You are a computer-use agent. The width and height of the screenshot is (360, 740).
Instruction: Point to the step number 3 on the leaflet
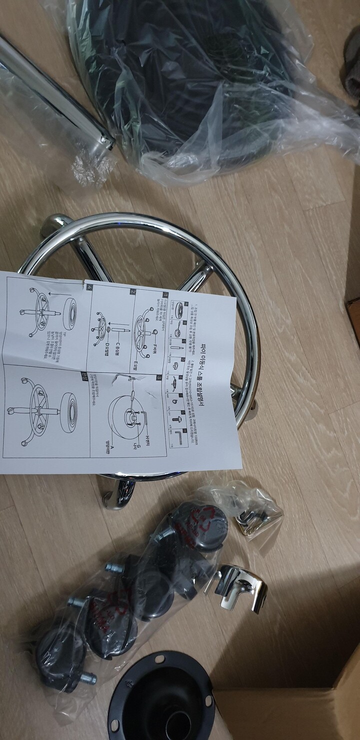click(x=158, y=378)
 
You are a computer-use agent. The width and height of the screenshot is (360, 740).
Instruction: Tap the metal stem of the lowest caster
click(x=87, y=678)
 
